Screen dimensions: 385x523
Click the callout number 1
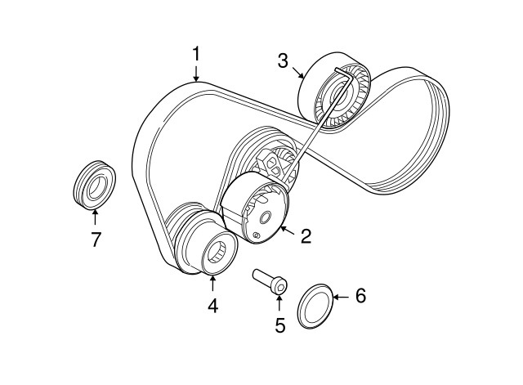[x=196, y=54]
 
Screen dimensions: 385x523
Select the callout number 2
[x=306, y=237]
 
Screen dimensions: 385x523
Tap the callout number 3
[x=282, y=60]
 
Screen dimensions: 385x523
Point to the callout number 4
[x=212, y=307]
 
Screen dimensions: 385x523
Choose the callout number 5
[x=279, y=325]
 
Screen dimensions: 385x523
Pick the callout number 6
[x=360, y=294]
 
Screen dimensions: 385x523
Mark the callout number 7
[x=95, y=239]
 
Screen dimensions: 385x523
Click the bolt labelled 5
[x=270, y=281]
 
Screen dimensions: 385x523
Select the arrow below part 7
[x=95, y=217]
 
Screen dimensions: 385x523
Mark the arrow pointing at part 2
[x=286, y=231]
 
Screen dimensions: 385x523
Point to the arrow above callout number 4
[x=212, y=285]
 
